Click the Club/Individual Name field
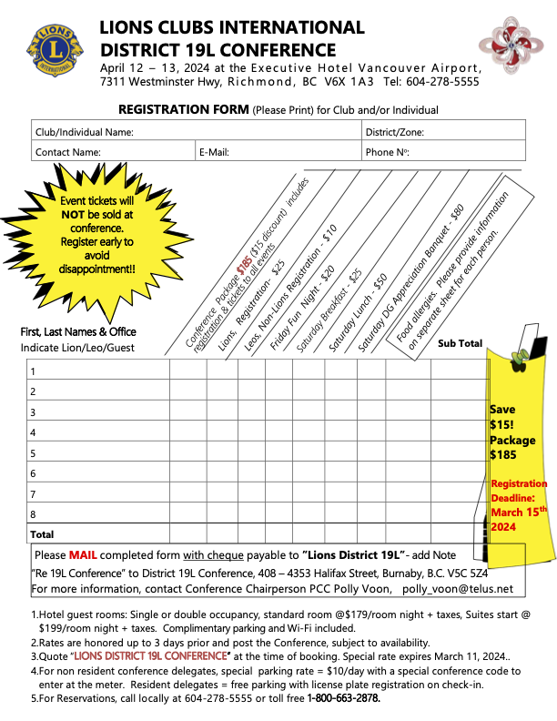coord(196,132)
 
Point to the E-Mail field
coord(278,152)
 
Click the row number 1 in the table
coord(33,371)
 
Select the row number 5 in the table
coord(33,452)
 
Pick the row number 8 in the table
coord(33,513)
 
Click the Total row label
coord(43,534)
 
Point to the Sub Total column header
coord(460,343)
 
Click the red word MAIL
coord(86,555)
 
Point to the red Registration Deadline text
coord(519,505)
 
